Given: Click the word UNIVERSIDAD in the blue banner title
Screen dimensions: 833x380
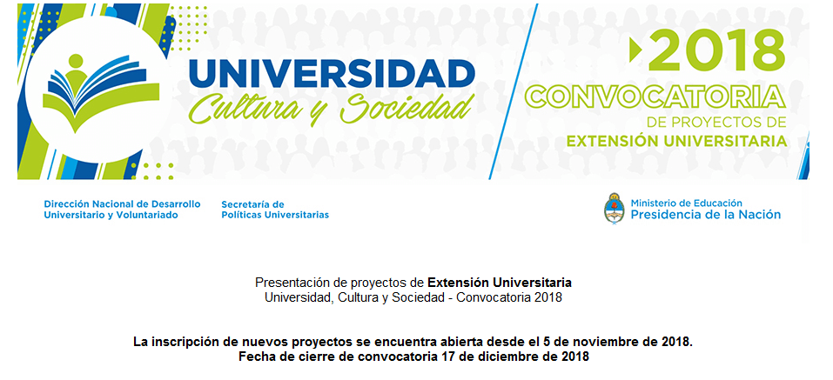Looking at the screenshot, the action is (x=332, y=73).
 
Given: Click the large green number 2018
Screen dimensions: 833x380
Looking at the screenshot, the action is (x=716, y=50).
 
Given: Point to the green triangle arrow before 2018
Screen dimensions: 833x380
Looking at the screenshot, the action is (x=635, y=50).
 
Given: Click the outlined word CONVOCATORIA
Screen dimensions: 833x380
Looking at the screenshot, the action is (x=655, y=97).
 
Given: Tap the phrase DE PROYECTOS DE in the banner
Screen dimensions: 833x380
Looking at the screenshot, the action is (x=716, y=123).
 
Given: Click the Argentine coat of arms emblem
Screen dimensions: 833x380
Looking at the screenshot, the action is (x=615, y=208).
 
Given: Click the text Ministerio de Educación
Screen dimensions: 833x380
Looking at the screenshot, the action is (x=687, y=203).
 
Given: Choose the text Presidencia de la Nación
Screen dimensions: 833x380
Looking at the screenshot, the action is (x=706, y=215).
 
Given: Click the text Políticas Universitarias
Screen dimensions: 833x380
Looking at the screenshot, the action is (x=275, y=215).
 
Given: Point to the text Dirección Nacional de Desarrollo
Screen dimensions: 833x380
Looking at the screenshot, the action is (x=122, y=204).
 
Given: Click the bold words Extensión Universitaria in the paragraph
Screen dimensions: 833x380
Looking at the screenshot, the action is (x=500, y=281).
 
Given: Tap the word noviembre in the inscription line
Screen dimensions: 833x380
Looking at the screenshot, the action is (x=613, y=341).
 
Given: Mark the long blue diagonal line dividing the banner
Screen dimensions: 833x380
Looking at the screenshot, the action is (x=514, y=91).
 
